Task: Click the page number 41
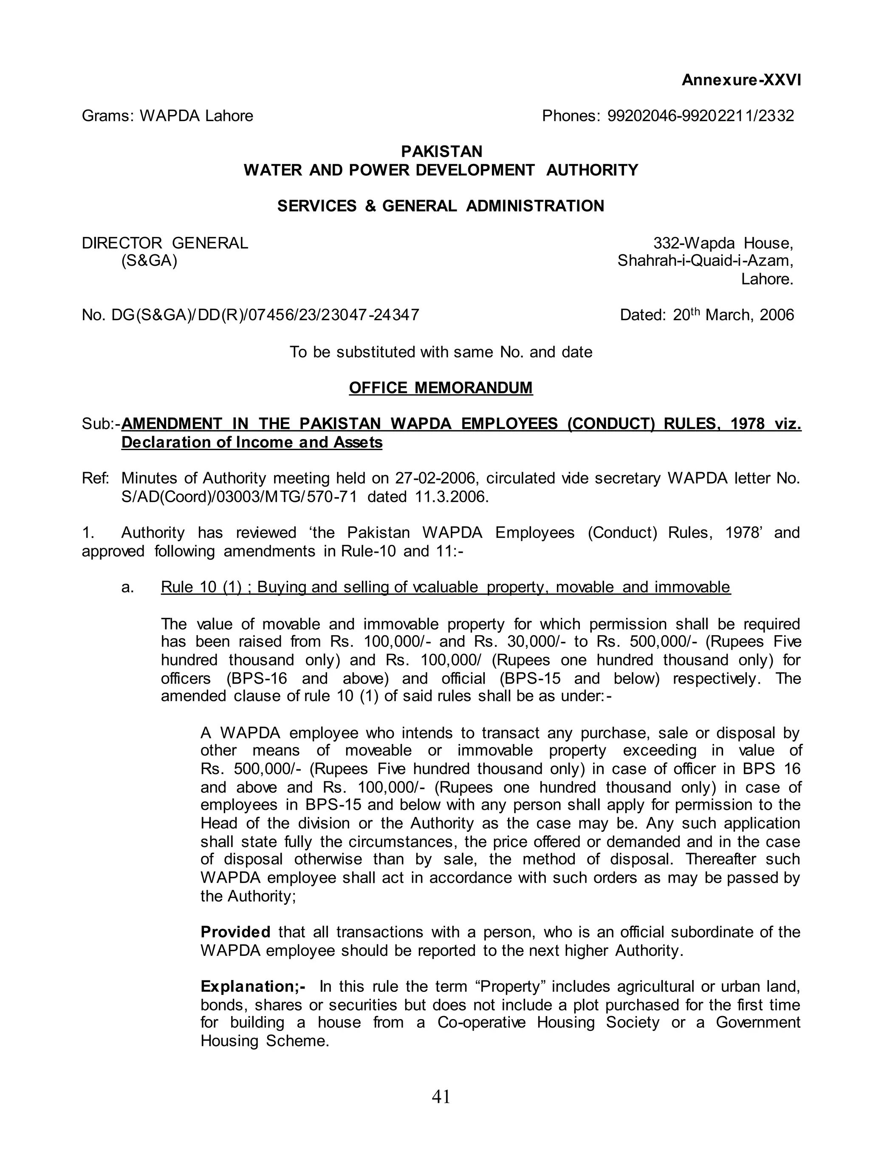(x=441, y=1096)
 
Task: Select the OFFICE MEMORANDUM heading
(x=441, y=388)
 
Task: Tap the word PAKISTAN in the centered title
(x=441, y=152)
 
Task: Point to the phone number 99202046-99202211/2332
(x=701, y=116)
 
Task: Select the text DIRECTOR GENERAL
(x=165, y=243)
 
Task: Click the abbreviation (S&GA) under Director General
(x=149, y=261)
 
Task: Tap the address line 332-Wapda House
(x=723, y=243)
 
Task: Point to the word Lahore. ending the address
(x=767, y=279)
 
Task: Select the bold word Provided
(x=235, y=932)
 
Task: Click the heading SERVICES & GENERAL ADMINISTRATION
(x=441, y=206)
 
